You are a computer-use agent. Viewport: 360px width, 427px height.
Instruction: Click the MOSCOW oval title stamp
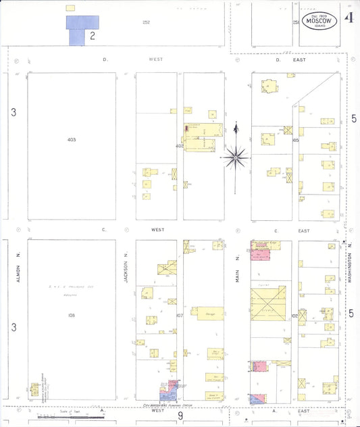tap(319, 22)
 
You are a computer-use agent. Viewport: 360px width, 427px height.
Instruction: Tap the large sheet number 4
tap(349, 18)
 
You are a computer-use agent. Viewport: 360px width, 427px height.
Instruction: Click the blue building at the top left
tap(81, 26)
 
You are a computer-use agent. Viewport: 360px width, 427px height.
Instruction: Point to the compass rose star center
tap(236, 158)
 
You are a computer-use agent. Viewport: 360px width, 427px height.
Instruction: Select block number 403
tap(72, 140)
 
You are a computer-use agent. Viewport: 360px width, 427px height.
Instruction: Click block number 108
tap(72, 315)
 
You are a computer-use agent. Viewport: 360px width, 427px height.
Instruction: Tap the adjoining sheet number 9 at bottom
tap(180, 416)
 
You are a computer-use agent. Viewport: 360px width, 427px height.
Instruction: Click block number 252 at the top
tap(146, 22)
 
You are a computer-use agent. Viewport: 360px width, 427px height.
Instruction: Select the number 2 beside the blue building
tap(92, 36)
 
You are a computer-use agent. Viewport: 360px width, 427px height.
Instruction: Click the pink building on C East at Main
tap(260, 254)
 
